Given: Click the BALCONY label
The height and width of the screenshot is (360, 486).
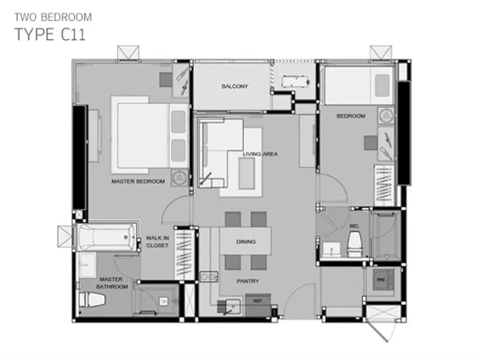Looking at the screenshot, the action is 235,86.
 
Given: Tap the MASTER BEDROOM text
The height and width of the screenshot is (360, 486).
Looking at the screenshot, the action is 138,181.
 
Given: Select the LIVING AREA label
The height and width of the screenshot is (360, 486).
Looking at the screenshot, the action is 260,154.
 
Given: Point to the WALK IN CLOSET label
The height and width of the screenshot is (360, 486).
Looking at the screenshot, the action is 157,241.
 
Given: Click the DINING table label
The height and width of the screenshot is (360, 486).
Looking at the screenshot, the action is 246,241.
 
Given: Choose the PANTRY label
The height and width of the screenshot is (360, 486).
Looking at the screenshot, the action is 248,281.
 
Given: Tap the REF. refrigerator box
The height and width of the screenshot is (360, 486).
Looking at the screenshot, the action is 258,305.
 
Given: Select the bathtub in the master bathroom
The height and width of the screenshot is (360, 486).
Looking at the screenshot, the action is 106,238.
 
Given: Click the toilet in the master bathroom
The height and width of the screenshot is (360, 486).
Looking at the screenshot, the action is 92,300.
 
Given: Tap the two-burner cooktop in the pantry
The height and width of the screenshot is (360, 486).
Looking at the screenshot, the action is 208,276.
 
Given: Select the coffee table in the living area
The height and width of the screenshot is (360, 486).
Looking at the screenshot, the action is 247,173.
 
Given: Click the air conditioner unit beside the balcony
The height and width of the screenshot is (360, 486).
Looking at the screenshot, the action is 295,82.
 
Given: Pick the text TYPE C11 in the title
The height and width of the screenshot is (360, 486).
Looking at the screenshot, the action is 50,34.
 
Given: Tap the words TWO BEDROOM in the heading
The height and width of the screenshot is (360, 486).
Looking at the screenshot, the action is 53,17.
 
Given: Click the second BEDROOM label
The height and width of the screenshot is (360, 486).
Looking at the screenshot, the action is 351,116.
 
